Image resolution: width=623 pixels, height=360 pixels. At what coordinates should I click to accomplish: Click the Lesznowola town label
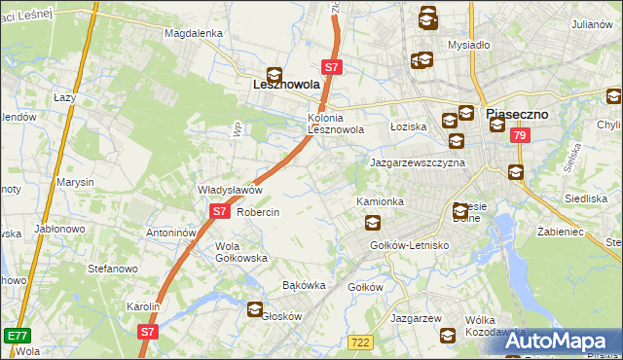pos(280,86)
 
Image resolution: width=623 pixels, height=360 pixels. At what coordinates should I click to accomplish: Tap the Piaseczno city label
pos(517,114)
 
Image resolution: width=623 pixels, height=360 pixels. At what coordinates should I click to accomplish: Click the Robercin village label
pos(258,212)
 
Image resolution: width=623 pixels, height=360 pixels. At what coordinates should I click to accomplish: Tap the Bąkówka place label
pos(302,286)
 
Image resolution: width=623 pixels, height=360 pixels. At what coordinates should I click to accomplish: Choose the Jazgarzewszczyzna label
pos(418,162)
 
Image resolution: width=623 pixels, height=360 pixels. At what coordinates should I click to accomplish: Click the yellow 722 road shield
pos(359,341)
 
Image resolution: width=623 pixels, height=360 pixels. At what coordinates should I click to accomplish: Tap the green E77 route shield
pos(16,336)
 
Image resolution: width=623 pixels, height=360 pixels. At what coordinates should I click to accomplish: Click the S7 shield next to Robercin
pos(219,211)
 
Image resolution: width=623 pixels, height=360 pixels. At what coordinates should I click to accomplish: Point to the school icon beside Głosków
pos(255,310)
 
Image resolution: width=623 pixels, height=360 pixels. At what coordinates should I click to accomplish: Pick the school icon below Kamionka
pos(372,222)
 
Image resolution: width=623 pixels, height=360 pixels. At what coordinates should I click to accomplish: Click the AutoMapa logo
pos(559,341)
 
